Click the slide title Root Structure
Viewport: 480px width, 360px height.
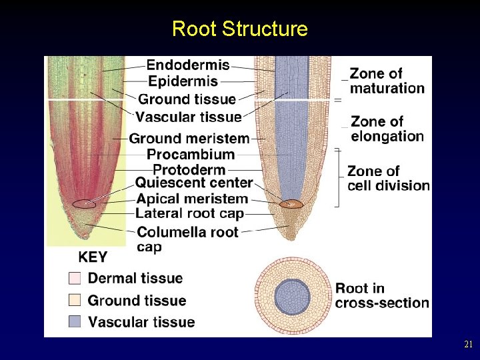239,29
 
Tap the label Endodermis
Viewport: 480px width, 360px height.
188,65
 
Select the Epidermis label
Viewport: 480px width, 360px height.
183,81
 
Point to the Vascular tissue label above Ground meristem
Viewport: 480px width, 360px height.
189,117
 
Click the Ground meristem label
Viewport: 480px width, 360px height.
189,139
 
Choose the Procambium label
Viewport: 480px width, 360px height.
191,155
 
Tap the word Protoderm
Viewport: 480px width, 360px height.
189,169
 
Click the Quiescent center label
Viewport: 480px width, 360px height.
194,183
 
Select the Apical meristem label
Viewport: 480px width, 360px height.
192,199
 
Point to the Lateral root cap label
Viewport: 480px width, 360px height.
190,213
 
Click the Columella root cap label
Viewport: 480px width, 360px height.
187,233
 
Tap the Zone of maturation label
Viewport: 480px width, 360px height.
387,81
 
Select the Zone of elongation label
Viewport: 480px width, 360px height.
387,129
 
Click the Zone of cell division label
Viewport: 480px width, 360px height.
388,178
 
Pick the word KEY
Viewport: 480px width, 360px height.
93,257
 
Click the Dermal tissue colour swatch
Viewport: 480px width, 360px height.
75,278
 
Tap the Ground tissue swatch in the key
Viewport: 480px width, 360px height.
75,300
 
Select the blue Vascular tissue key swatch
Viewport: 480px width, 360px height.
75,322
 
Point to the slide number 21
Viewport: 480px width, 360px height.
467,345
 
